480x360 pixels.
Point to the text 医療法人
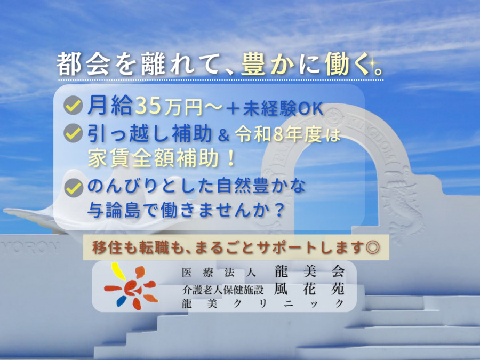(x=219, y=272)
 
